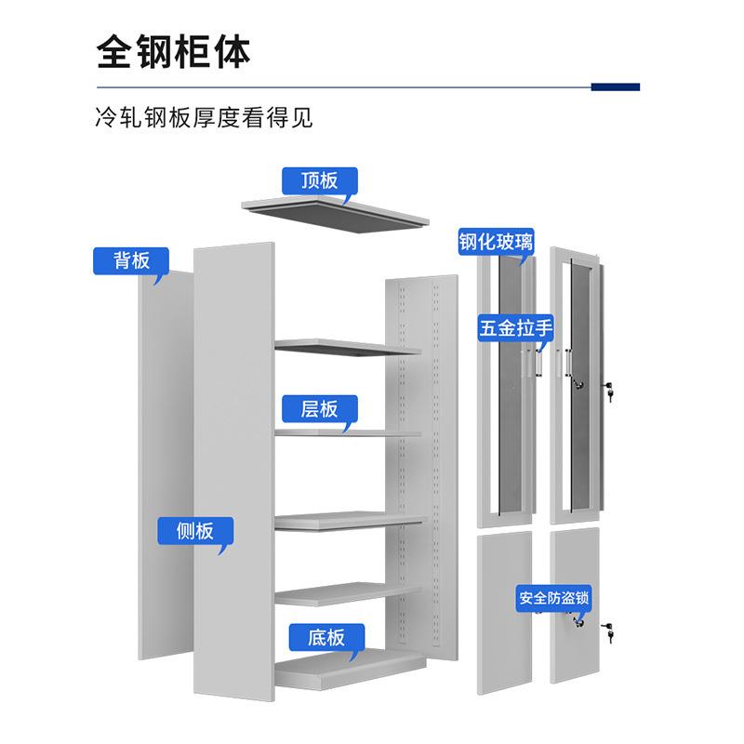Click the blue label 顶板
(319, 179)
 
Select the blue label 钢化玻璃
(496, 242)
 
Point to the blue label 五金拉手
(517, 327)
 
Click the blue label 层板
(319, 408)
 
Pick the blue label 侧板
(194, 531)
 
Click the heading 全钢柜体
(174, 51)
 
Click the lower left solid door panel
(504, 614)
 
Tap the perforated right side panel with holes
(420, 465)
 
